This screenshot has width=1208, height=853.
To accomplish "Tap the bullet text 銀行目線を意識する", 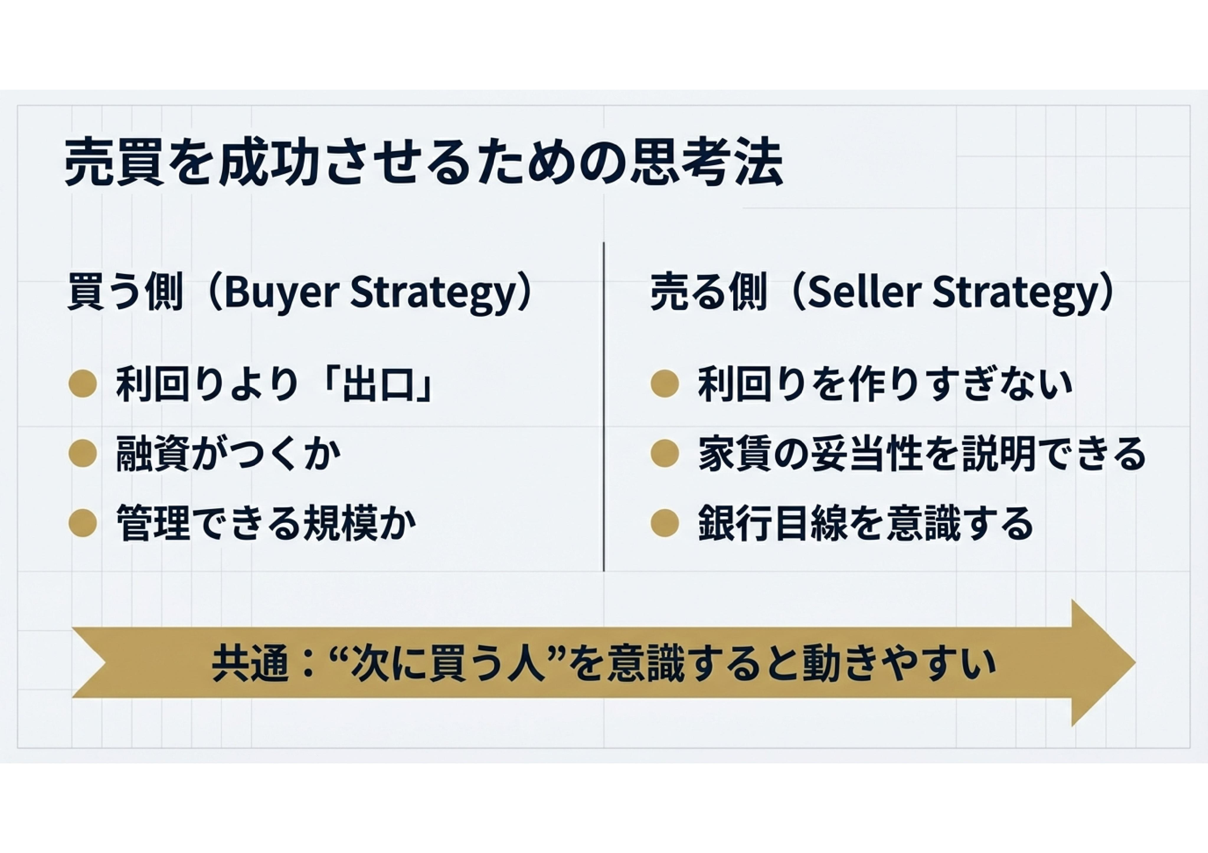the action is pos(865,523).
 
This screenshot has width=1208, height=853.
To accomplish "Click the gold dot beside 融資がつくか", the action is pos(83,454).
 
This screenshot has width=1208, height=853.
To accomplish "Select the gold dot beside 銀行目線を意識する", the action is pos(665,523).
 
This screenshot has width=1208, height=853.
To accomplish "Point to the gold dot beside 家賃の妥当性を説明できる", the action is pos(665,454).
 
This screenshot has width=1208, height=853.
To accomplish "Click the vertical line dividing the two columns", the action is pos(604,406).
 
